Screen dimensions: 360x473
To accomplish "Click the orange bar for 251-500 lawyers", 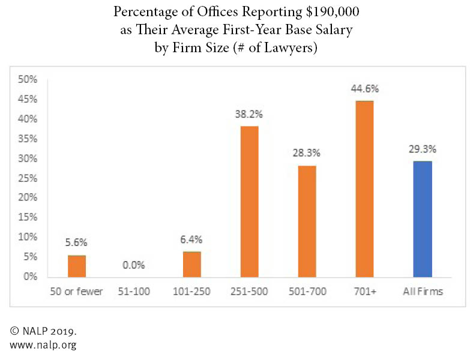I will (250, 202).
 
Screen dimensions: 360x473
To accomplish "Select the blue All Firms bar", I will (422, 219).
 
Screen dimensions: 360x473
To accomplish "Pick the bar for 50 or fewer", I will (77, 266).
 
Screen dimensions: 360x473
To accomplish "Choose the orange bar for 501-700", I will (307, 221).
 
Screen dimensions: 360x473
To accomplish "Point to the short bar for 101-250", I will (192, 264).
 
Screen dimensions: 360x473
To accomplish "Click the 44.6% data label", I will (364, 89).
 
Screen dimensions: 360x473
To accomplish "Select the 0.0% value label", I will (134, 265).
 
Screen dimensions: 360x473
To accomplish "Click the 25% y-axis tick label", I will (28, 178).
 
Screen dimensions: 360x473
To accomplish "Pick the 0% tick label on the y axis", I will (30, 277).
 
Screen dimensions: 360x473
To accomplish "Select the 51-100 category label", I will (134, 292).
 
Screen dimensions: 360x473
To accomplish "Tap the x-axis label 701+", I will (364, 292).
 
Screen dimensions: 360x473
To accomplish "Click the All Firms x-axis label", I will (422, 292).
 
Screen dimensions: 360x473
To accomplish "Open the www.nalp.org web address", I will (42, 345).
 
